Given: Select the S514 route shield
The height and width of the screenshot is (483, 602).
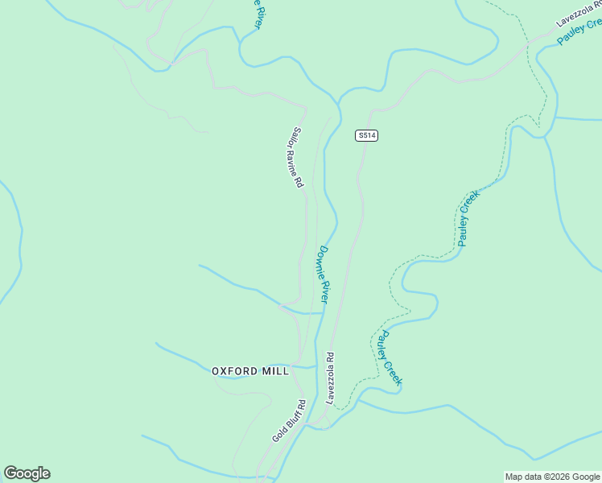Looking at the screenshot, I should pos(366,135).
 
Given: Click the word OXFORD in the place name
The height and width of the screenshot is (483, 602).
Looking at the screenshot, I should pos(235,371).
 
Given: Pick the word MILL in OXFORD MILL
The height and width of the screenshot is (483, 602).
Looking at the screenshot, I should pos(274,371).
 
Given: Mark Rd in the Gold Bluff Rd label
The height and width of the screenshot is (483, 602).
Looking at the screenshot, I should pos(301,404).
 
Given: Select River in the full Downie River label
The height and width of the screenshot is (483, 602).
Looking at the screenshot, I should pos(325,291).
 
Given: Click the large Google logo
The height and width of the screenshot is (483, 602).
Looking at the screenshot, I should pos(27,473).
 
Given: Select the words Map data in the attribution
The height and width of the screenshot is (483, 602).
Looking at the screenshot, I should pos(523,477).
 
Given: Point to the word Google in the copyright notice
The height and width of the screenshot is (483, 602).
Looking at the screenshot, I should pos(586,477).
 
